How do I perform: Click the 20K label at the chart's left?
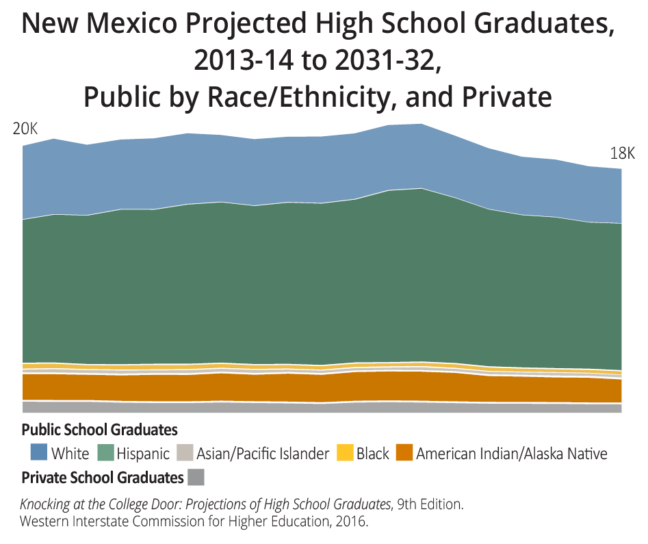coord(25,129)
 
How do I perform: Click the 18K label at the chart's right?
coord(622,153)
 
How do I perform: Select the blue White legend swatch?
coord(38,452)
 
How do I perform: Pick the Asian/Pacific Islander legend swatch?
coord(185,452)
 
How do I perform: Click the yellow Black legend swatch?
coord(346,452)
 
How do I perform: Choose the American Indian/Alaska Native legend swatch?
coord(404,452)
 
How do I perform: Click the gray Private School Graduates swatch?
coord(196,477)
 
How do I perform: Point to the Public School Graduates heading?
coord(100,430)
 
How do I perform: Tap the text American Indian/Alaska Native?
coord(512,453)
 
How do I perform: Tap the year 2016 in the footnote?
coord(352,521)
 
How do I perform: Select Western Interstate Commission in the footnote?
coord(103,521)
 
